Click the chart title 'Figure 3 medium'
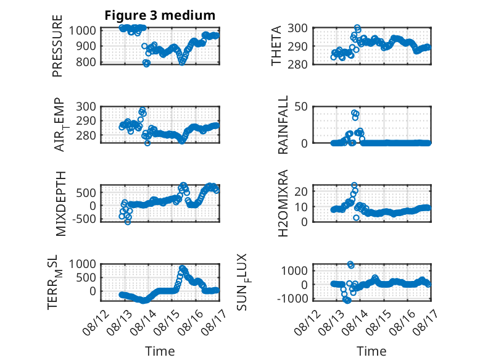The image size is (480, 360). coord(160,15)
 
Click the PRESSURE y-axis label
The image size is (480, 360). coord(57,46)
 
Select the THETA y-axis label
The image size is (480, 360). coord(276,46)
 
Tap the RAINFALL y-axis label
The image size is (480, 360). coord(283,125)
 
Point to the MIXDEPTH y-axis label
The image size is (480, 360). coord(61,204)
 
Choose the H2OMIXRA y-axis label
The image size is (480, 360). coord(283,203)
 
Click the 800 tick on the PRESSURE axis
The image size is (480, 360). coord(86,62)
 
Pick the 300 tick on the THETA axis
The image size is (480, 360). coord(297,28)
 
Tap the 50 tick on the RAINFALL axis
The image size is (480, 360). coord(301,107)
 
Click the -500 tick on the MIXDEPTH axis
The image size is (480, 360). coord(84,219)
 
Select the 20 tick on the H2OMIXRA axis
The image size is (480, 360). coord(301,191)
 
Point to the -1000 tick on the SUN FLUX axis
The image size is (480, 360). coord(292,298)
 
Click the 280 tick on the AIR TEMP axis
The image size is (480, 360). coord(86,135)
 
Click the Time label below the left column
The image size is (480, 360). coord(160,351)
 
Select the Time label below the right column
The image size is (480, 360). coord(371,351)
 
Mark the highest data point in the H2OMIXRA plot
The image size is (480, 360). coord(354,185)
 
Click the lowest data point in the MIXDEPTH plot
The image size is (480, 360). coord(128,222)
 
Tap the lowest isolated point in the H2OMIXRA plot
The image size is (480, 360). coord(356,217)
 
